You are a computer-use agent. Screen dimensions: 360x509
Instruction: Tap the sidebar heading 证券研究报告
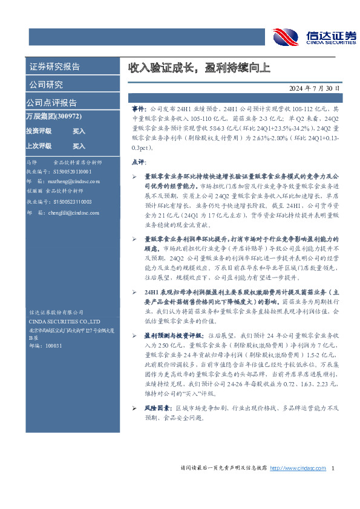coord(54,67)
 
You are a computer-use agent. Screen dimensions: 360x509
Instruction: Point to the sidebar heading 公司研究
coord(46,85)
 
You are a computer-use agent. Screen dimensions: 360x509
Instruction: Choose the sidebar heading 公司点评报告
coord(51,103)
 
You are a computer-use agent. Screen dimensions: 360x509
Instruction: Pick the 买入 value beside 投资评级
coord(79,131)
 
